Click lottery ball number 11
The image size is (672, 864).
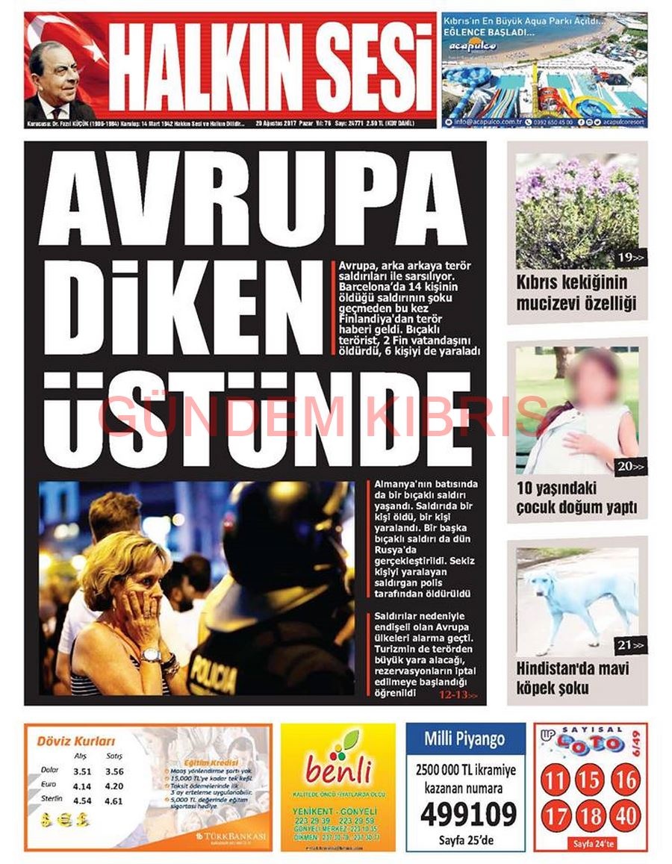click(x=555, y=781)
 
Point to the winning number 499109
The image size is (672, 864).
click(x=468, y=813)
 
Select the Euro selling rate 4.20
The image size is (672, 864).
click(x=114, y=786)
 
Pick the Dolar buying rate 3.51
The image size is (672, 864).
click(x=81, y=772)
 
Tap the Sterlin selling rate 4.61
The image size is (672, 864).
click(x=114, y=801)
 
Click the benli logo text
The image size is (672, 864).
click(x=337, y=770)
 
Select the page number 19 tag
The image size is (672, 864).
click(x=630, y=258)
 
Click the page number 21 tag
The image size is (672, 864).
click(x=630, y=644)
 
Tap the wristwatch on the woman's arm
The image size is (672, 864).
click(x=151, y=655)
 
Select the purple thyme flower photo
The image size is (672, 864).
click(x=577, y=211)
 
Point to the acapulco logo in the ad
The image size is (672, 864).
click(x=472, y=47)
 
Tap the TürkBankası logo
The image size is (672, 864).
click(x=231, y=837)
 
